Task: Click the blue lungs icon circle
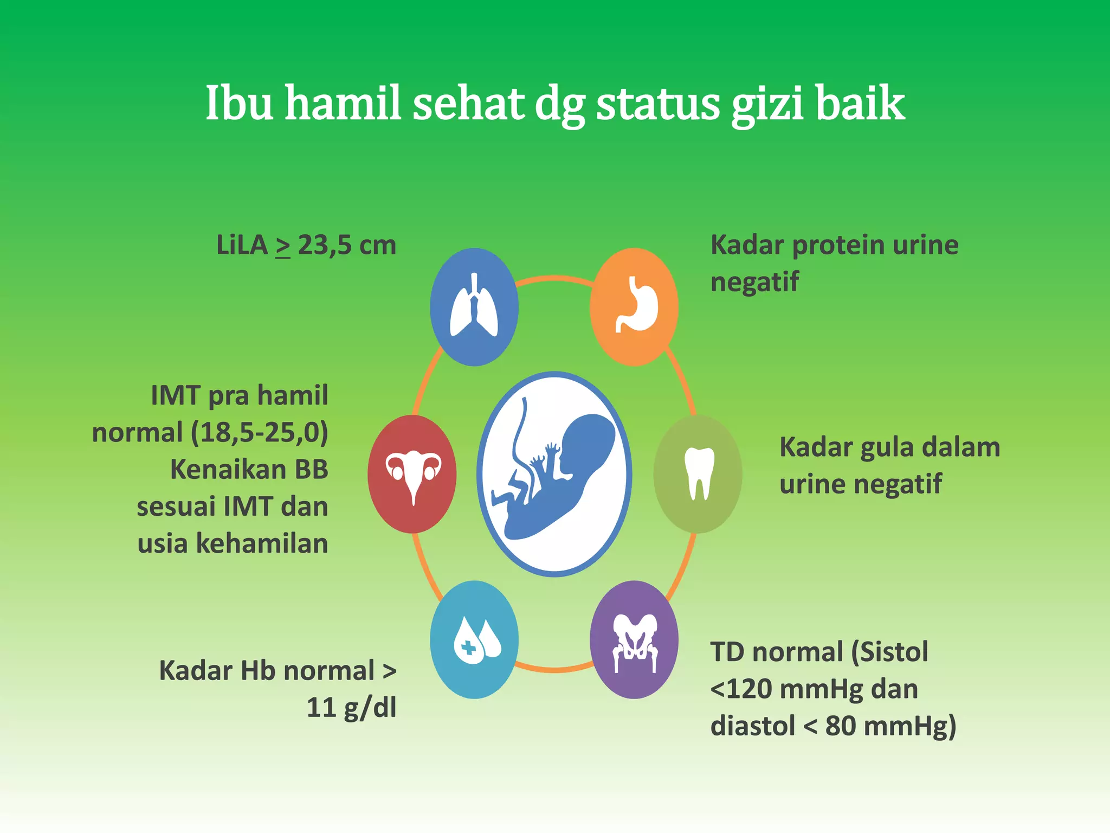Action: [474, 307]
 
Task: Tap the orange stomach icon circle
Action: [634, 307]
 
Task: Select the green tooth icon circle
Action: [698, 474]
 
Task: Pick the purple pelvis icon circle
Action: [634, 640]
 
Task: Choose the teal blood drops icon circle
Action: [474, 640]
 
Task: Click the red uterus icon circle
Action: [412, 474]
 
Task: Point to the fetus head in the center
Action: [588, 445]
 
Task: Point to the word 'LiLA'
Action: [242, 245]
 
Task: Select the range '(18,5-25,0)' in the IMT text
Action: [260, 433]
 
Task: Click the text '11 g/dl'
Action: [351, 708]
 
